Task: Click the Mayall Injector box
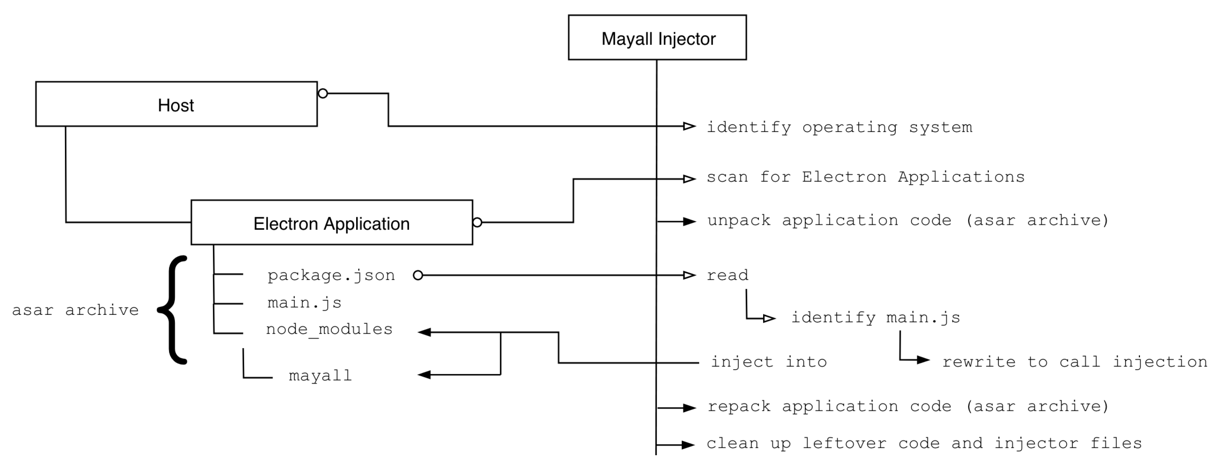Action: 657,38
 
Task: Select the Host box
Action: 176,104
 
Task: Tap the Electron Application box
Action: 331,223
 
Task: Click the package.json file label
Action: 331,275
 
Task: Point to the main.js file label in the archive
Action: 304,303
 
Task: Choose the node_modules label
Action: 329,329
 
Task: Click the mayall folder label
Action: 320,376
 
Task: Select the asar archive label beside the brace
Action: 75,310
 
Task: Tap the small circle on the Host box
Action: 323,94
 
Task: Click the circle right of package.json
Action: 418,275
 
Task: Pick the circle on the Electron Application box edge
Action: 477,222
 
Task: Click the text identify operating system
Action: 839,127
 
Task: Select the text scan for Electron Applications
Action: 865,177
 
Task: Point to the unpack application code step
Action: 907,221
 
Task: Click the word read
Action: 727,275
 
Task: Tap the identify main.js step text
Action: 876,317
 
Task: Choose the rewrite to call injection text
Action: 1074,362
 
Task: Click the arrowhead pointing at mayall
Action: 424,375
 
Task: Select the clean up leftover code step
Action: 924,444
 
